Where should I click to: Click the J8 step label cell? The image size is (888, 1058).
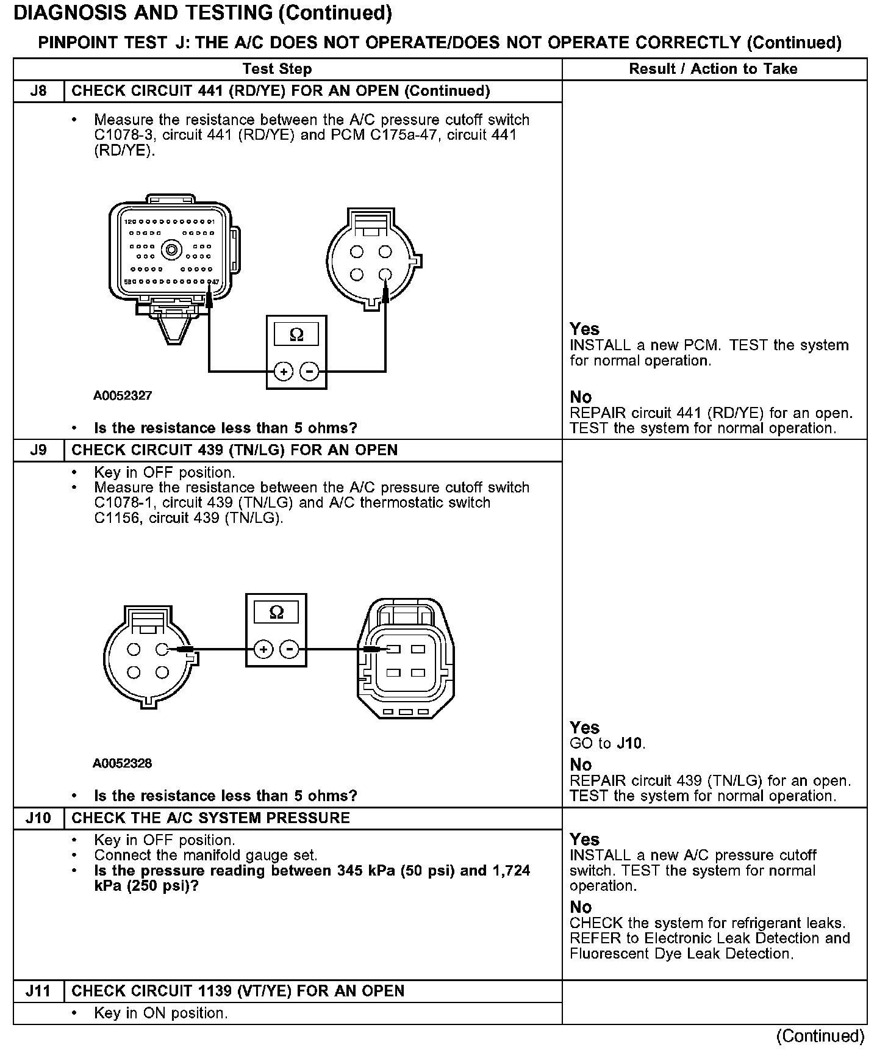(38, 92)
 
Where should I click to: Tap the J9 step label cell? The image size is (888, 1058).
(38, 450)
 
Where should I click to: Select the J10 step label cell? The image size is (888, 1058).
(38, 818)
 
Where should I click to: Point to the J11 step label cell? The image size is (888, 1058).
(38, 991)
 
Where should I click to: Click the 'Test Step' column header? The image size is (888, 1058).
(277, 69)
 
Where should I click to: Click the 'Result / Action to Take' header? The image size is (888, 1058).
(713, 69)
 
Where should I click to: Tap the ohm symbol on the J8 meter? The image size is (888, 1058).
(296, 334)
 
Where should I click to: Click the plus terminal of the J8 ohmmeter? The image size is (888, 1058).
(283, 370)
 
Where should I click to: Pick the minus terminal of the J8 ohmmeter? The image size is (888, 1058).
(309, 370)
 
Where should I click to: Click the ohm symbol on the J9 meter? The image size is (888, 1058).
(276, 613)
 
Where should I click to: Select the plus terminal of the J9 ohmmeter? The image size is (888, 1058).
(263, 649)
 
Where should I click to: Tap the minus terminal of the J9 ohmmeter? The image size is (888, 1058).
(289, 649)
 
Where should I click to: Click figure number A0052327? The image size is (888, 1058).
(123, 395)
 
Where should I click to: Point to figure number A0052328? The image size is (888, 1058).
(123, 763)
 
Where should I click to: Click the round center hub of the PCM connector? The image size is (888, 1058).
(171, 249)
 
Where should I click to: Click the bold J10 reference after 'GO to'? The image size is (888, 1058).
(629, 744)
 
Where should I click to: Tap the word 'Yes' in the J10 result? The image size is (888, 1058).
(584, 840)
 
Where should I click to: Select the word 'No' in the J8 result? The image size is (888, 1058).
(581, 397)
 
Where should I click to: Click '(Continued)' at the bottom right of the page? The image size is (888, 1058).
(820, 1036)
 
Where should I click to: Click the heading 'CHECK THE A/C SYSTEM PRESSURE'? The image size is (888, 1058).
(211, 818)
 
